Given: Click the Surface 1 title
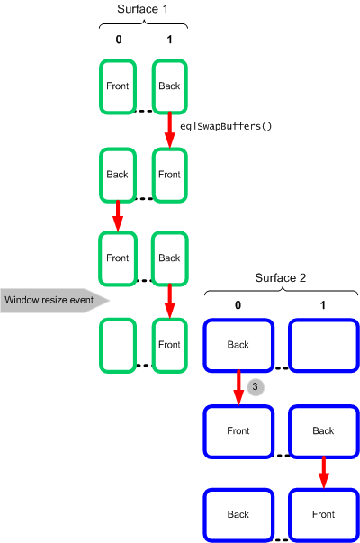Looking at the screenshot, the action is point(142,9).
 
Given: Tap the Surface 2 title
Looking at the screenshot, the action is point(281,277).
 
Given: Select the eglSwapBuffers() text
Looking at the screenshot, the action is point(226,126).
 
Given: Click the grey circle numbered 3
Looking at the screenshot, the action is point(256,387).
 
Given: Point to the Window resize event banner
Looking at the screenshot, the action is point(55,300).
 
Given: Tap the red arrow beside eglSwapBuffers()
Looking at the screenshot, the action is point(169,130).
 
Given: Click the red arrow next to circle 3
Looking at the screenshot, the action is point(238,387).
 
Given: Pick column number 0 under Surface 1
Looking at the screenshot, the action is point(119,40).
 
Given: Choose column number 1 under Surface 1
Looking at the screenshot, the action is point(169,40).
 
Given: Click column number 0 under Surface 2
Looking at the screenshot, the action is point(238,305).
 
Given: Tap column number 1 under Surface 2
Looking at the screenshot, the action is point(323,305).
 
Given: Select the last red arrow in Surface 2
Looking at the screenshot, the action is point(324,473).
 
